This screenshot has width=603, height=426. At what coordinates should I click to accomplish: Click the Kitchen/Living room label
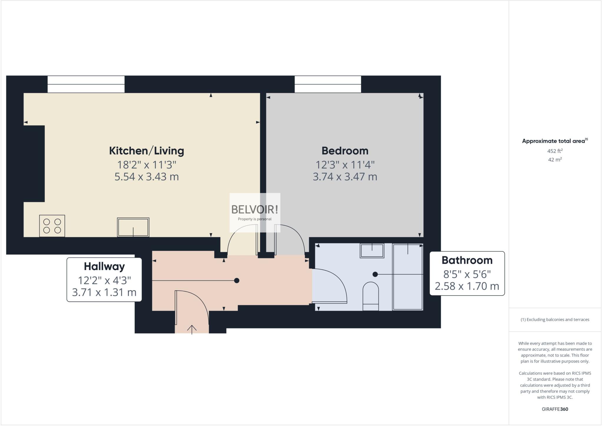pos(146,151)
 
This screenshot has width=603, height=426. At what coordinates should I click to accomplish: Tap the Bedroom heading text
pos(345,151)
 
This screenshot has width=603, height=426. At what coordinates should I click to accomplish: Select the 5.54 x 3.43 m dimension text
pos(146,177)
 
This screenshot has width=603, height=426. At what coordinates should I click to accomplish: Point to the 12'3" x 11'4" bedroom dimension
pos(345,164)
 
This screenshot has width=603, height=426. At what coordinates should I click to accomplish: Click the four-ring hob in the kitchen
pos(52,226)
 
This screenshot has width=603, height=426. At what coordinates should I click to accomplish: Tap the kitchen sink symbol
pos(133,227)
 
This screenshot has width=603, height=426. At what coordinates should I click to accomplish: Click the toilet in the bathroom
pos(371,296)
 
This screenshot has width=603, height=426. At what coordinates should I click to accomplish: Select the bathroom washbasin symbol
pos(372,251)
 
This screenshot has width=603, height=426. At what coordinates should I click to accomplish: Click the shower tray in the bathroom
pos(408,277)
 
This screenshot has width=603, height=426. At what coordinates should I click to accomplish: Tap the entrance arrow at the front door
pos(192,329)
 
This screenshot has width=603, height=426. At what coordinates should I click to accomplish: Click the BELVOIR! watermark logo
pos(255,210)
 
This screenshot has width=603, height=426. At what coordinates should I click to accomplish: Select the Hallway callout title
pos(104,266)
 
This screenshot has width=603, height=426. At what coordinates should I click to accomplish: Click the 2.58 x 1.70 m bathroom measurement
pos(467,286)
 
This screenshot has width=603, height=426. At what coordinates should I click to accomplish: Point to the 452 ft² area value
pos(555,151)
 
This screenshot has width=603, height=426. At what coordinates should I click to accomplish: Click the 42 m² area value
pos(555,160)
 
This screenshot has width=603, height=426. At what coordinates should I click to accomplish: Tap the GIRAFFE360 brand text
pos(555,409)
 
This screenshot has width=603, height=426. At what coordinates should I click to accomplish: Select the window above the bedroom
pos(328,84)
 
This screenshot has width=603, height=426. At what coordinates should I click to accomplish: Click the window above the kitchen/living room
pos(86,84)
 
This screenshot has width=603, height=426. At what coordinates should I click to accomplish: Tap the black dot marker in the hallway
pos(236,281)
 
